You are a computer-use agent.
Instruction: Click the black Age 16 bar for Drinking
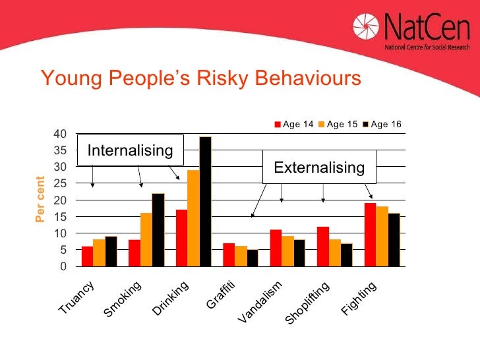[x=205, y=201]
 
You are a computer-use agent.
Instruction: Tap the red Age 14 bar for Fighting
[x=370, y=235]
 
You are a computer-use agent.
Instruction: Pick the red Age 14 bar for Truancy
[x=87, y=256]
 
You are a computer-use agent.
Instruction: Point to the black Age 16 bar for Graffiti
[x=252, y=258]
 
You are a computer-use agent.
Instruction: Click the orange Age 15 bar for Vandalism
[x=287, y=251]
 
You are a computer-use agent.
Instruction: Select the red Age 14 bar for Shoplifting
[x=322, y=246]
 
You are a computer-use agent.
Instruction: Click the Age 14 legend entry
[x=293, y=124]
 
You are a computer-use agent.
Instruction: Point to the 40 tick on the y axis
[x=60, y=134]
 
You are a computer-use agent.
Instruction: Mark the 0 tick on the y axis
[x=63, y=266]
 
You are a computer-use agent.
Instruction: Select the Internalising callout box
[x=130, y=151]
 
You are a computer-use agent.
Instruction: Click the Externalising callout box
[x=319, y=167]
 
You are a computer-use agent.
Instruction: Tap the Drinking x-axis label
[x=171, y=298]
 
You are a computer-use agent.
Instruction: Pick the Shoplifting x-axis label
[x=307, y=303]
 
